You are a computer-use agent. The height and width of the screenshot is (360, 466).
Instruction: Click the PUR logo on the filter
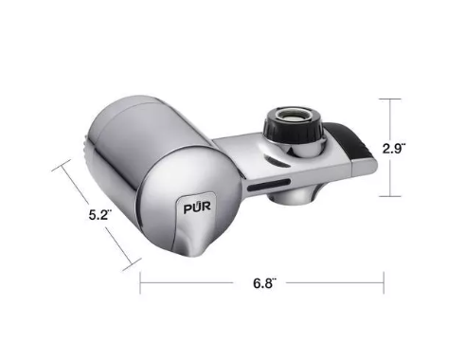[x=197, y=207]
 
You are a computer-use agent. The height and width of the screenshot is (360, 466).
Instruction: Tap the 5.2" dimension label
[x=100, y=215]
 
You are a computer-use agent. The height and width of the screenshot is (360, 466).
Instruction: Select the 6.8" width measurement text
[x=265, y=283]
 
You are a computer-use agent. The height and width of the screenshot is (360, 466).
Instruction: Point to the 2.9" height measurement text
[x=394, y=148]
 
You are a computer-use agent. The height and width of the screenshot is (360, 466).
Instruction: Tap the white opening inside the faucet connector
[x=293, y=116]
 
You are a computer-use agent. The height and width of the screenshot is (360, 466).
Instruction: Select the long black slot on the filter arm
[x=269, y=185]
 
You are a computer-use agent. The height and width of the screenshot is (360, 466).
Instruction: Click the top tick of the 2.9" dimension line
[x=390, y=99]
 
